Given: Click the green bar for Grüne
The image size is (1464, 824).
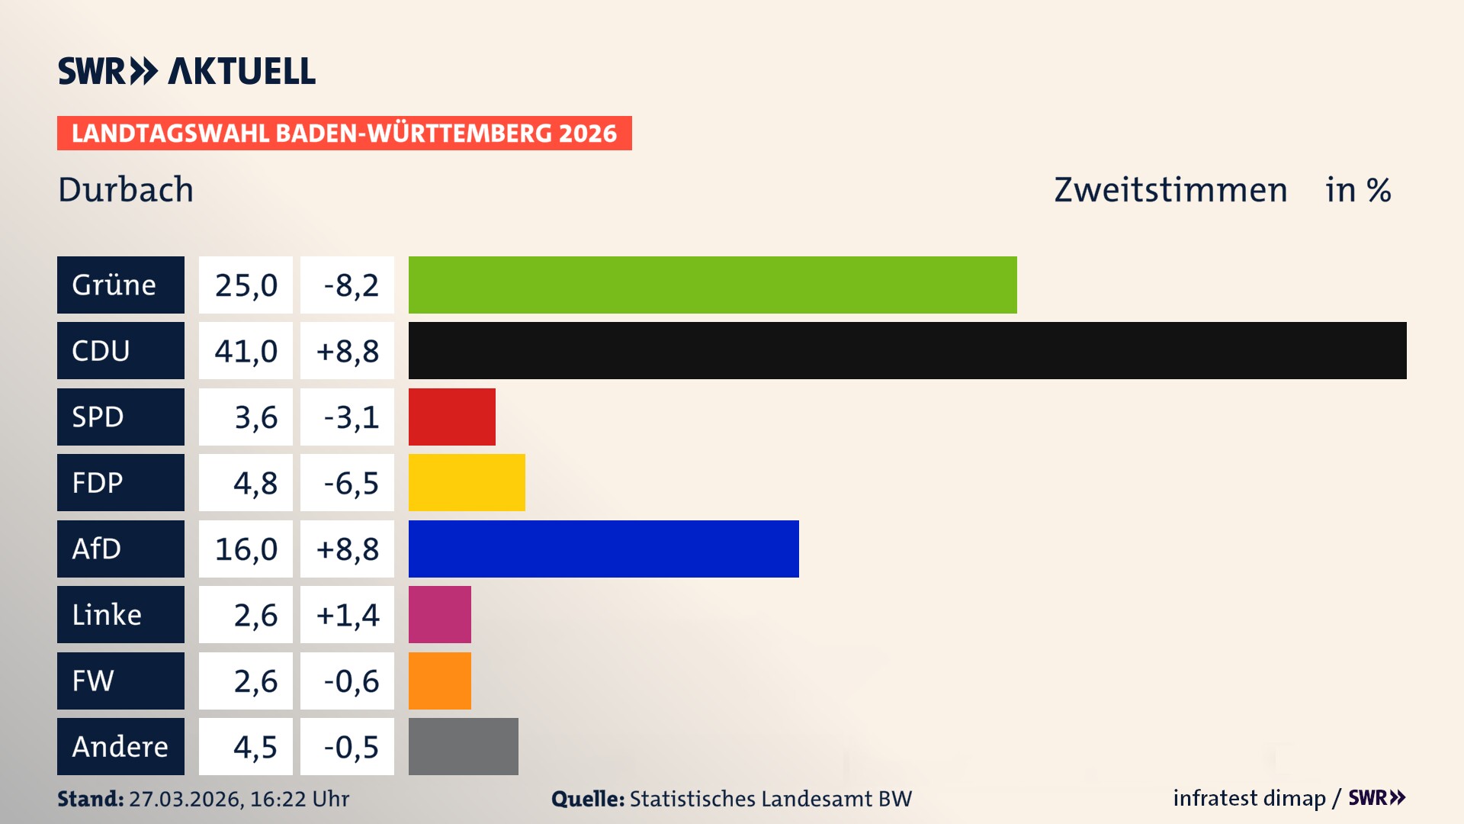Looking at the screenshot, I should (712, 285).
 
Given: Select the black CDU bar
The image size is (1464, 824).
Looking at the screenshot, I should (907, 350).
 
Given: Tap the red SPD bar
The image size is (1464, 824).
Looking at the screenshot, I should (451, 417).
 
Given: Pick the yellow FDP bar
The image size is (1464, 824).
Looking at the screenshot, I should (467, 482).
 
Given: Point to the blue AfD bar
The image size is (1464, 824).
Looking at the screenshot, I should (603, 549).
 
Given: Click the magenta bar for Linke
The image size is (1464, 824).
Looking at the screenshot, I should (439, 614).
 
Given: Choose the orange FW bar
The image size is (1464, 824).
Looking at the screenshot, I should (439, 681).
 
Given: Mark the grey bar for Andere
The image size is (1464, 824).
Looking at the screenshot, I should (463, 746).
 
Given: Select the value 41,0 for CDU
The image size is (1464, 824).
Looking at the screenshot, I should (246, 351).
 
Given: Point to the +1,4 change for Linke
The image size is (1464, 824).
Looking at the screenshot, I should (348, 614).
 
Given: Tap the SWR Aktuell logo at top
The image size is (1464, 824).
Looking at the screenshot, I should (186, 71).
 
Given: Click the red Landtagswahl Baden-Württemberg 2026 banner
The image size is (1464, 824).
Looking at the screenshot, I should (344, 133).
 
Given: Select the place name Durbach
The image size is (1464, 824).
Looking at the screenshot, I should (126, 189).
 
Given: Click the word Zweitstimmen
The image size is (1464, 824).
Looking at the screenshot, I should (1170, 189).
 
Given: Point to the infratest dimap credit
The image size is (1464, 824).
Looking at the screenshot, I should (1249, 798).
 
